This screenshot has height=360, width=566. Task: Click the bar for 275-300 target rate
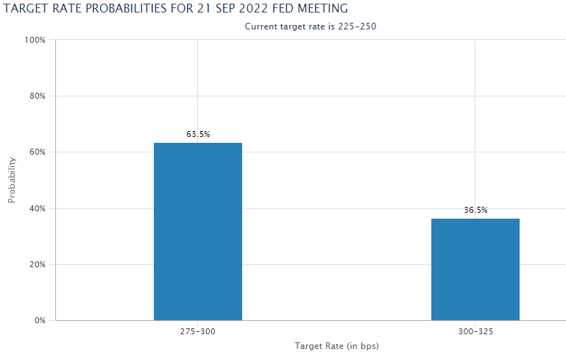(x=197, y=231)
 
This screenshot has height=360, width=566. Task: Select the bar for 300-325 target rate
(x=475, y=269)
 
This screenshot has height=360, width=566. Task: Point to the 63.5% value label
(x=198, y=134)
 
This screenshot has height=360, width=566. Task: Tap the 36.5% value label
(x=475, y=210)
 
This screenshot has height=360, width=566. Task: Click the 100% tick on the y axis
(x=35, y=40)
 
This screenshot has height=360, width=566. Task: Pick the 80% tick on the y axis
(x=38, y=96)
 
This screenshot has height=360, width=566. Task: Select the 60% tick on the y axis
(x=38, y=152)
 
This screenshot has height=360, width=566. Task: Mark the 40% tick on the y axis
(x=38, y=208)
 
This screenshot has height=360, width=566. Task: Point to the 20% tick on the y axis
(x=38, y=264)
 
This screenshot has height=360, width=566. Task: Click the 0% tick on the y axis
(x=40, y=320)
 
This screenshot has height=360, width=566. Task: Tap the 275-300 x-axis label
(x=198, y=333)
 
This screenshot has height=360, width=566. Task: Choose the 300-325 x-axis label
(x=475, y=333)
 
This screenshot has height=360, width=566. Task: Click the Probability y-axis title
(x=12, y=180)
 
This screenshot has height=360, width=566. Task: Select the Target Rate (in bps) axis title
(x=336, y=345)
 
